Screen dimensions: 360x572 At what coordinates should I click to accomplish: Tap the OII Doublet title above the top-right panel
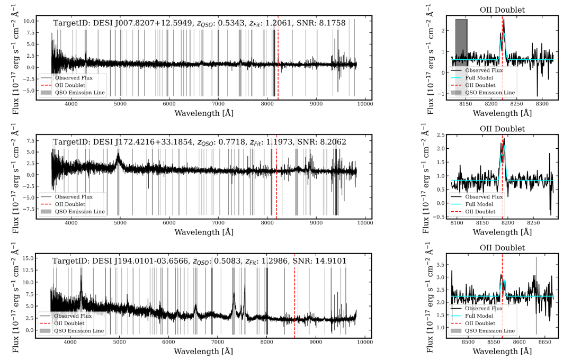502,9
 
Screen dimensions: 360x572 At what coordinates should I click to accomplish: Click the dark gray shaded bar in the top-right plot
461,42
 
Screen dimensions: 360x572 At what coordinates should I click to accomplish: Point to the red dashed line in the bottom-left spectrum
294,296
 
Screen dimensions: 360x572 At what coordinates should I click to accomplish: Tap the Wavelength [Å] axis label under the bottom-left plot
203,352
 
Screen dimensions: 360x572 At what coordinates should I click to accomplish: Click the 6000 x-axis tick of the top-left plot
169,104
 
